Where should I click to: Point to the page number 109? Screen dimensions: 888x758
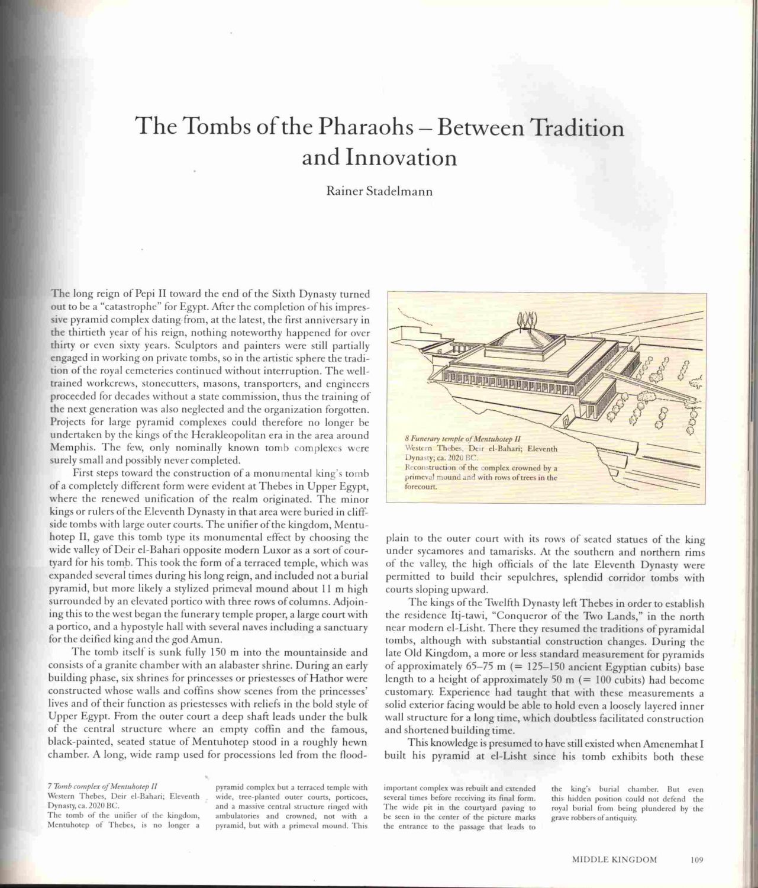coord(695,860)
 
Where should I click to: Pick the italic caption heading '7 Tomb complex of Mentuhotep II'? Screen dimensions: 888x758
coord(102,787)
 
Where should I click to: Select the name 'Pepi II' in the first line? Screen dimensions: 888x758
coord(147,294)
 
